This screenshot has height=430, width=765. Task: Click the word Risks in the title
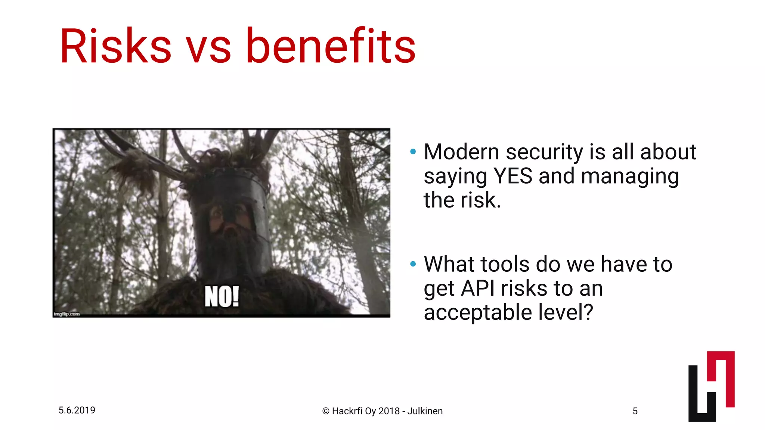[x=115, y=47]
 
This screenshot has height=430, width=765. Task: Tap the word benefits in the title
[x=331, y=47]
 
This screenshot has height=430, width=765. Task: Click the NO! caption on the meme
[x=222, y=297]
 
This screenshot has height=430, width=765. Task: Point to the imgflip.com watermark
[x=67, y=314]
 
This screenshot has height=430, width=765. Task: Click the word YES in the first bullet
[x=512, y=176]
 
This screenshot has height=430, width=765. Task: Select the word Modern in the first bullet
[x=461, y=152]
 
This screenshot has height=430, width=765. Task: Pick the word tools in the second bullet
[x=505, y=264]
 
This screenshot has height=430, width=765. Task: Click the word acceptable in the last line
[x=478, y=313]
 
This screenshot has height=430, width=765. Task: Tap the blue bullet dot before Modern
[x=413, y=152]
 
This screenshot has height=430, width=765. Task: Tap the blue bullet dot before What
[x=413, y=264]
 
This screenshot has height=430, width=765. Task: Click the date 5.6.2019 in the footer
[x=77, y=410]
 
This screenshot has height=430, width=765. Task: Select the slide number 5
[x=635, y=411]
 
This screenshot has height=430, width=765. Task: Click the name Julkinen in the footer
[x=425, y=411]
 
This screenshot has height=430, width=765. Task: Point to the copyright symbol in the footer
[x=326, y=411]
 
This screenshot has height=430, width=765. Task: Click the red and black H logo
[x=711, y=386]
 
